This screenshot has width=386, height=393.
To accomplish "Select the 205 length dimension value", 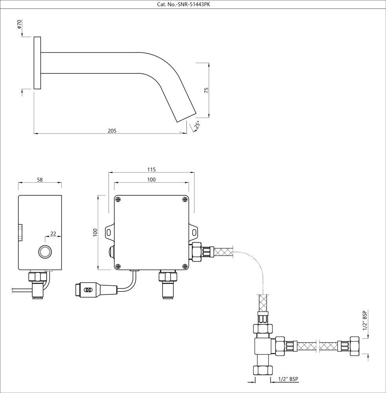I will click(x=112, y=130).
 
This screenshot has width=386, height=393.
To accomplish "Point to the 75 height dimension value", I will click(x=206, y=89).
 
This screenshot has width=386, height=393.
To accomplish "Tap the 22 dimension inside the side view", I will click(x=53, y=233).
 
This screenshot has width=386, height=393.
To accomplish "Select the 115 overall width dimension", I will click(x=152, y=169).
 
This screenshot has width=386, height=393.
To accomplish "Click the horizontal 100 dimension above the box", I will click(x=152, y=179).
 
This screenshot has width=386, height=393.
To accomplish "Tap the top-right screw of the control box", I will click(x=185, y=199).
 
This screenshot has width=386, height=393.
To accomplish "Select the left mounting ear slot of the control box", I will click(x=108, y=232).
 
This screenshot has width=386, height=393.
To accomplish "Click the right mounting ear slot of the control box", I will click(x=195, y=232).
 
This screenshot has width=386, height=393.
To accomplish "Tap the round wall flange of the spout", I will click(x=37, y=63).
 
